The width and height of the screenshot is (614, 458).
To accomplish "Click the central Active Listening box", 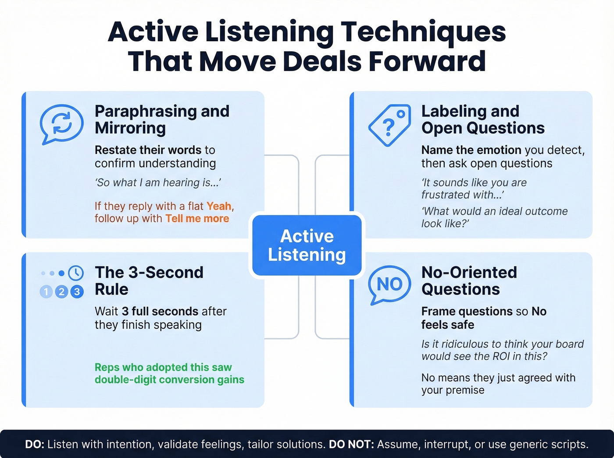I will (x=307, y=245).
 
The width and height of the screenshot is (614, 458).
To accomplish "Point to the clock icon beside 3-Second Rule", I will (x=76, y=273).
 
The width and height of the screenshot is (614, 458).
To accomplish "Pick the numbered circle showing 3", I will (x=77, y=291).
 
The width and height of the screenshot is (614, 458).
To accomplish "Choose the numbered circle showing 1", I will (x=46, y=291).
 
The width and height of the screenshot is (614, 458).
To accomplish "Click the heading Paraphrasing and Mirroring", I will (x=162, y=119).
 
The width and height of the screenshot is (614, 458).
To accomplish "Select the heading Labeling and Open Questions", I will (x=482, y=119).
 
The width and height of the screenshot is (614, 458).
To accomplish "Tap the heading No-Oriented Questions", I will (x=469, y=280).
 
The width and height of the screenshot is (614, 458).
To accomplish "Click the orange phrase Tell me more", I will (x=197, y=218).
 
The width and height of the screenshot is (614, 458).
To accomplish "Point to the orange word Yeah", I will (x=219, y=206).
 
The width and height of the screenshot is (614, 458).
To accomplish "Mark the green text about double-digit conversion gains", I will (x=169, y=373).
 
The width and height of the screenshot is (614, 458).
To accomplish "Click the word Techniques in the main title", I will (x=423, y=32).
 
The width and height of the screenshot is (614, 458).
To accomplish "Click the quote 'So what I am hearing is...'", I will (x=158, y=183).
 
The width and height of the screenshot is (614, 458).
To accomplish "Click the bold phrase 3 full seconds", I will (x=160, y=311).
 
